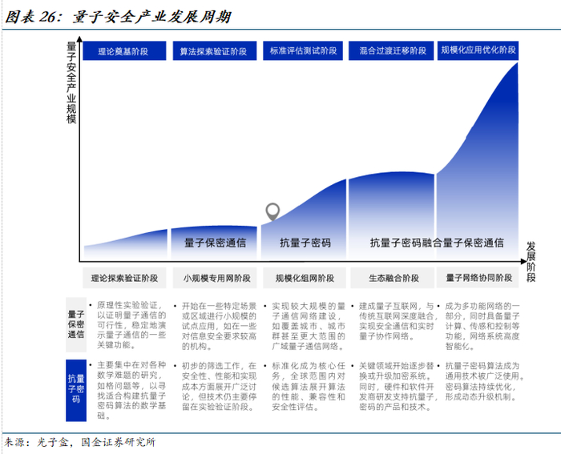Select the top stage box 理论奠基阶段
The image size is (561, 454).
(123, 51)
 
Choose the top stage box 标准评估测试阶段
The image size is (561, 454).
(302, 51)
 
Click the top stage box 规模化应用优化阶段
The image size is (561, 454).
(478, 51)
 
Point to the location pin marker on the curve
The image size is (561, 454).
(273, 212)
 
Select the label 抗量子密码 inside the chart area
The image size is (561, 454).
(305, 243)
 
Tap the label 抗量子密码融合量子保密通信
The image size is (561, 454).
(437, 243)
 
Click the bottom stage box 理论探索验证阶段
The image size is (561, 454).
(124, 279)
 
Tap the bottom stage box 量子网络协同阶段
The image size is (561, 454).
(479, 279)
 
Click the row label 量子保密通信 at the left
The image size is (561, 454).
(77, 326)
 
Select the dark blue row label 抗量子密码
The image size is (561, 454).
(77, 385)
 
